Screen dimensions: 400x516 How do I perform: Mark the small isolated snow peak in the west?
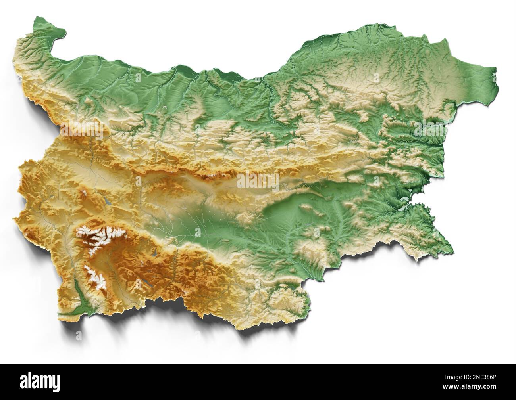pos(85,194)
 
